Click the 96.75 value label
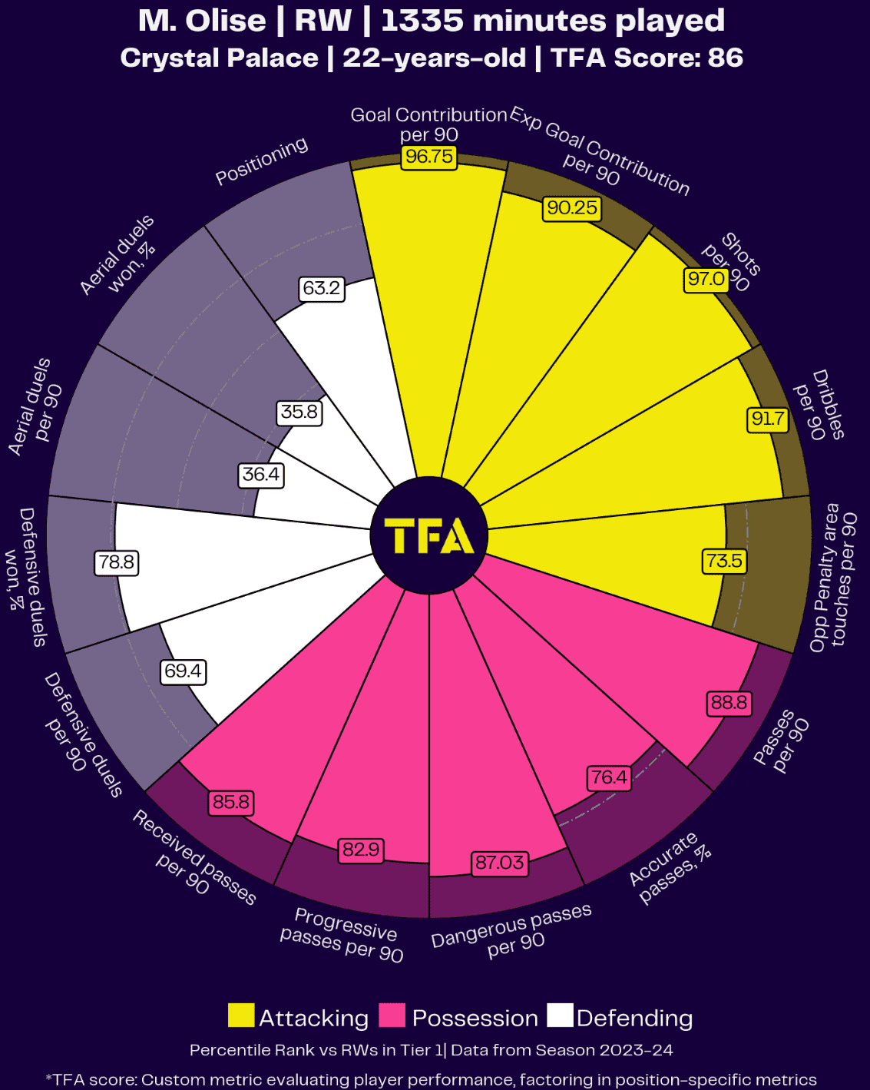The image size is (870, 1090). tap(429, 157)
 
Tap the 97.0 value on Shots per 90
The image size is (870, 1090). tap(706, 279)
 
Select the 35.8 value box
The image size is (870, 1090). tap(299, 412)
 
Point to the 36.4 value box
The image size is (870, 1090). tap(261, 475)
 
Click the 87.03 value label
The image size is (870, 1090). tap(499, 863)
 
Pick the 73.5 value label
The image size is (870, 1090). tap(724, 561)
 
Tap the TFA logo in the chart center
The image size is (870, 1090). tap(428, 535)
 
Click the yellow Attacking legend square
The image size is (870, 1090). tap(241, 1015)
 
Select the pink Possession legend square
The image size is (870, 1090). tap(392, 1015)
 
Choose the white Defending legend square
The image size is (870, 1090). tap(560, 1015)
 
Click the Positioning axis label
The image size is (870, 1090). tap(262, 161)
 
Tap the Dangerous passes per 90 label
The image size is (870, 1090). tap(512, 929)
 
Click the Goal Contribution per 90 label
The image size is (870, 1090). tap(429, 124)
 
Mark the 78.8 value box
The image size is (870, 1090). tap(116, 562)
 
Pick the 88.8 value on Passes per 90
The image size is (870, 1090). tap(729, 703)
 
